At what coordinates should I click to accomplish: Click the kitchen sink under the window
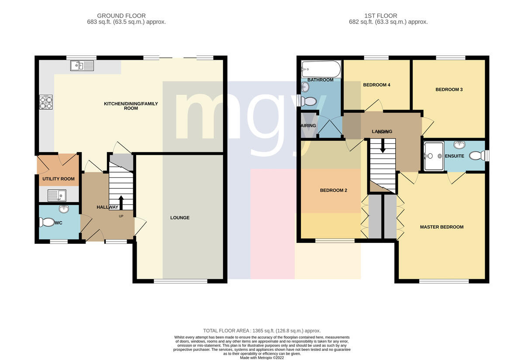coord(82,66)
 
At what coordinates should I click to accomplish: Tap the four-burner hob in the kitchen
coord(46,102)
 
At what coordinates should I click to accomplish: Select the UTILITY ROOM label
coord(59,179)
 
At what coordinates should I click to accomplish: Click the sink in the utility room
coord(57,195)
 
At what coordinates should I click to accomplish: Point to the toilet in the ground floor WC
coord(47,222)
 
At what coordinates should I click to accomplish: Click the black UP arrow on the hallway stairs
coord(121,202)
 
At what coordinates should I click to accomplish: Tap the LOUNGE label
coord(180,218)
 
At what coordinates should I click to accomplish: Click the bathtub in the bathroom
coord(321,69)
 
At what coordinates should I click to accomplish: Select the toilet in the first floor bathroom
coord(309,102)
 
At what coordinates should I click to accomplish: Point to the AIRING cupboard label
coord(308,126)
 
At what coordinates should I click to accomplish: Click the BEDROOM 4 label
coord(376,85)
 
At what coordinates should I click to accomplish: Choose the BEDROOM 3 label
coord(449,90)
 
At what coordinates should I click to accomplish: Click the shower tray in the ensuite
coord(434,156)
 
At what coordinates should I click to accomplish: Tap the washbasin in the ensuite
coord(459,145)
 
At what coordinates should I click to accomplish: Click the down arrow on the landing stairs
coord(383,146)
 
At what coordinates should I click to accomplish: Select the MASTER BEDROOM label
coord(441,227)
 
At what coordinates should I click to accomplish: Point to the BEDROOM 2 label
coord(334,190)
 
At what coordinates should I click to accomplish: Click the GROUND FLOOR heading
coord(121,16)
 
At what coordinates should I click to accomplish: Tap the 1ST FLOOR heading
coord(381,16)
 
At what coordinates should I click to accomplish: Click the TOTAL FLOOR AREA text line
coord(262,331)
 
